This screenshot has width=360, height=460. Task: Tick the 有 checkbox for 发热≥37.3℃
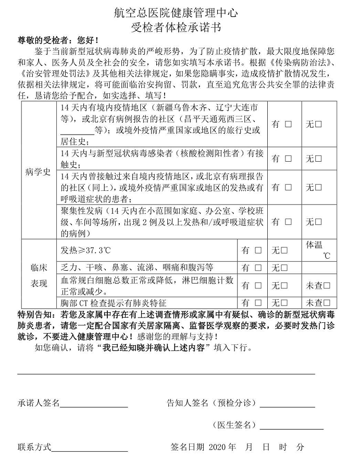click(258, 250)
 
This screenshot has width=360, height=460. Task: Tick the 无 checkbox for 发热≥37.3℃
click(284, 250)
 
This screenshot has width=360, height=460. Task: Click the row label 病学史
click(38, 172)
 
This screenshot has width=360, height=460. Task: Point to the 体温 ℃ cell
click(319, 250)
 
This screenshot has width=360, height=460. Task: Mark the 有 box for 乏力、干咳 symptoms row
click(258, 268)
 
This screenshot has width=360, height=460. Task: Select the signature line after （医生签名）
click(291, 429)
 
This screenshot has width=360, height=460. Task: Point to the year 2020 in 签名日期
click(218, 447)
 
